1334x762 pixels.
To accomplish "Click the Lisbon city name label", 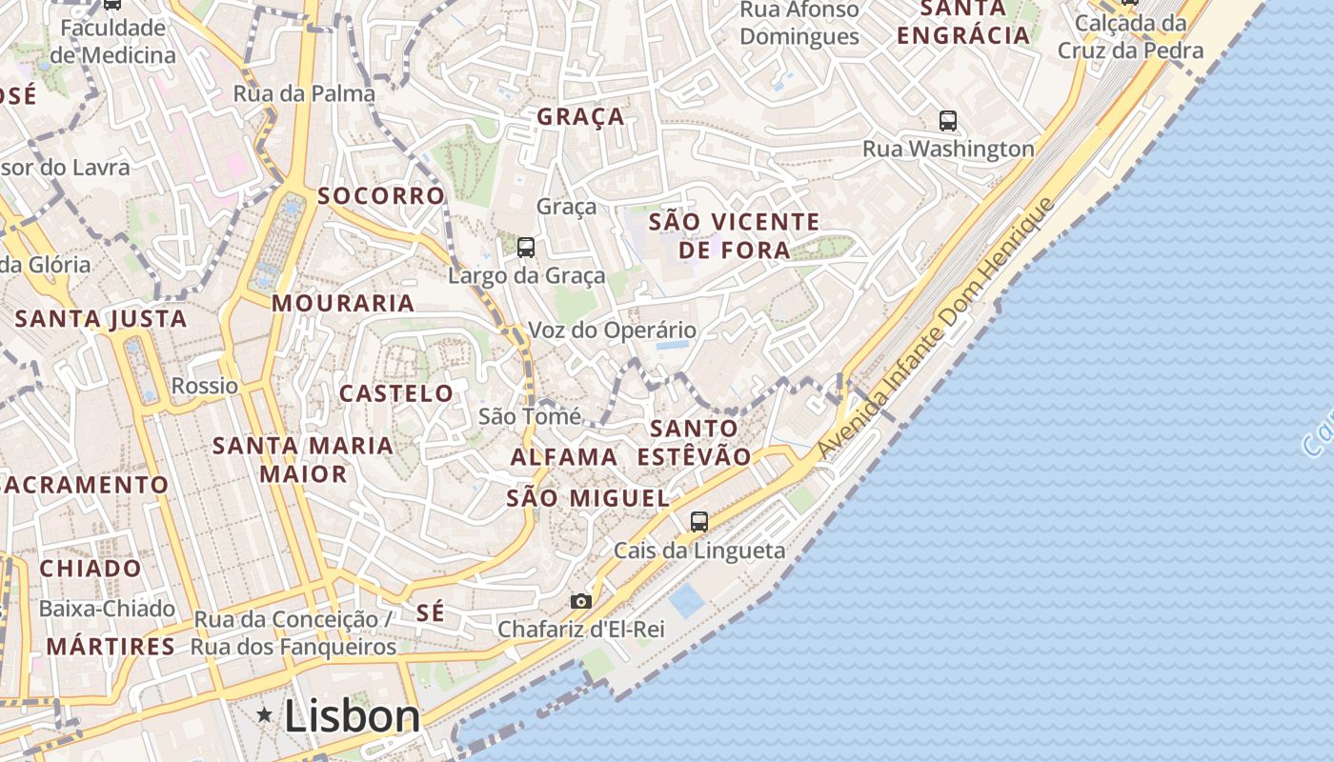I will (x=352, y=716).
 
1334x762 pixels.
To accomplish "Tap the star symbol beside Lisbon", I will (x=265, y=714).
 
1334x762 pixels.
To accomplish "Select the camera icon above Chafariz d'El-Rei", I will (x=580, y=601).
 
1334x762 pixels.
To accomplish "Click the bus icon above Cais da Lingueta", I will (x=699, y=521).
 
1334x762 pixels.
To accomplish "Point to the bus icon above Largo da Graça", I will (x=525, y=248).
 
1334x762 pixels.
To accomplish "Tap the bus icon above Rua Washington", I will (x=947, y=121).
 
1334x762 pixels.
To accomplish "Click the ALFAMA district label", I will (x=564, y=457).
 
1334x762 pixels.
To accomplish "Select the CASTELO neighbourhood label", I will (x=396, y=393).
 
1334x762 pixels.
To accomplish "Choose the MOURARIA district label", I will (x=343, y=304).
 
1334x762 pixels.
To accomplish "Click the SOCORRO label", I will (x=381, y=196).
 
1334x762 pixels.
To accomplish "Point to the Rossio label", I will (x=205, y=386).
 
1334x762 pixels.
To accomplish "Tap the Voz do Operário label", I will (x=612, y=331).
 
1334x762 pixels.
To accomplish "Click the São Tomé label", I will (x=529, y=416).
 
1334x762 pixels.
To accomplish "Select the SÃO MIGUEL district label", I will (x=588, y=498).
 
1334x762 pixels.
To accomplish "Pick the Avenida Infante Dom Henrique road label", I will (x=937, y=328).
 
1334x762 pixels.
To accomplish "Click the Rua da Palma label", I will (x=304, y=93).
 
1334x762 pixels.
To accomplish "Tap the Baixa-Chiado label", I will (x=107, y=608).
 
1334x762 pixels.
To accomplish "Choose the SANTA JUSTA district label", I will (x=101, y=319).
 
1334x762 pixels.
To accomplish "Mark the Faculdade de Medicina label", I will (x=113, y=41).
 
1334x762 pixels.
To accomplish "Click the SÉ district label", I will (x=431, y=612).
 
